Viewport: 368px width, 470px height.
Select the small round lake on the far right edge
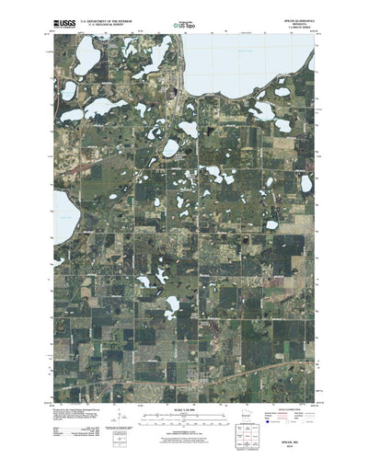point(306,183)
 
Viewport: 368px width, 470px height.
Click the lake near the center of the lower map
point(172,304)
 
